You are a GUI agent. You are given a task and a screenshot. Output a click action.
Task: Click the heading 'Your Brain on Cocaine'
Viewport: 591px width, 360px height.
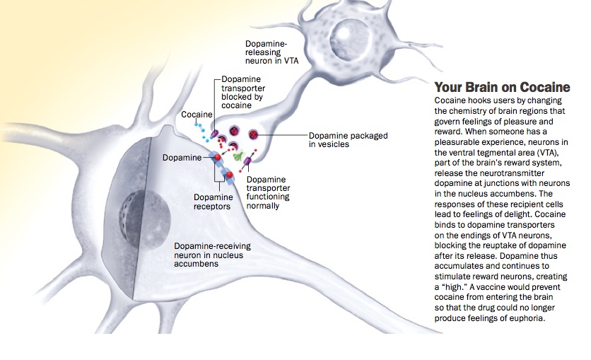502,88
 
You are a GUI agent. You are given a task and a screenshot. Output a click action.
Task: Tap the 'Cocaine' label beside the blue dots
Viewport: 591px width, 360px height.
196,114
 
